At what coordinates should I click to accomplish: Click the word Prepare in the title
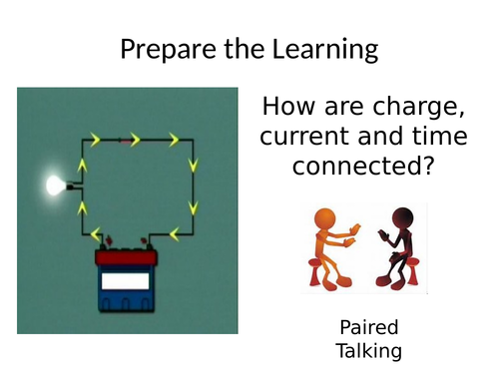165,49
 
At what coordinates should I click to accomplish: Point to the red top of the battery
126,258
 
